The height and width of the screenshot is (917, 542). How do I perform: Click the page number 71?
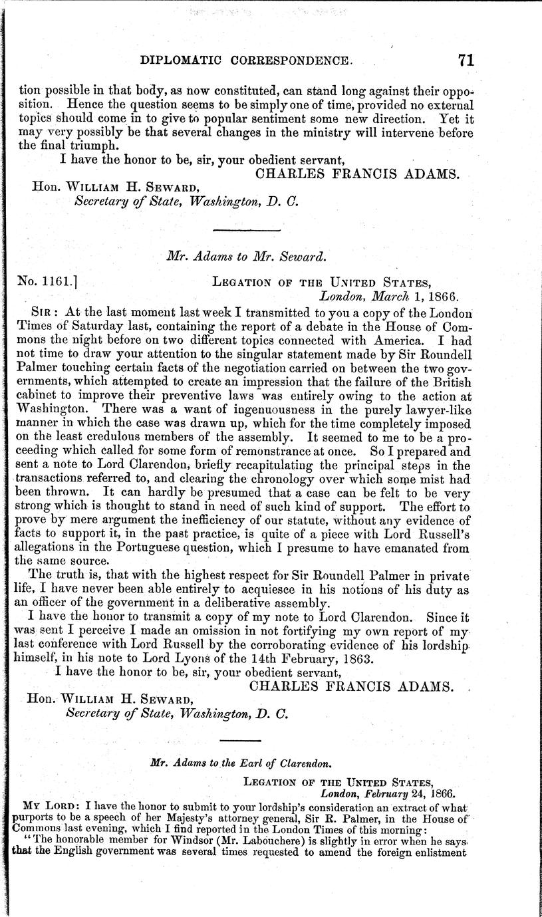(464, 60)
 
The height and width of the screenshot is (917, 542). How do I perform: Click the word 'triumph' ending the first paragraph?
(96, 146)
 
